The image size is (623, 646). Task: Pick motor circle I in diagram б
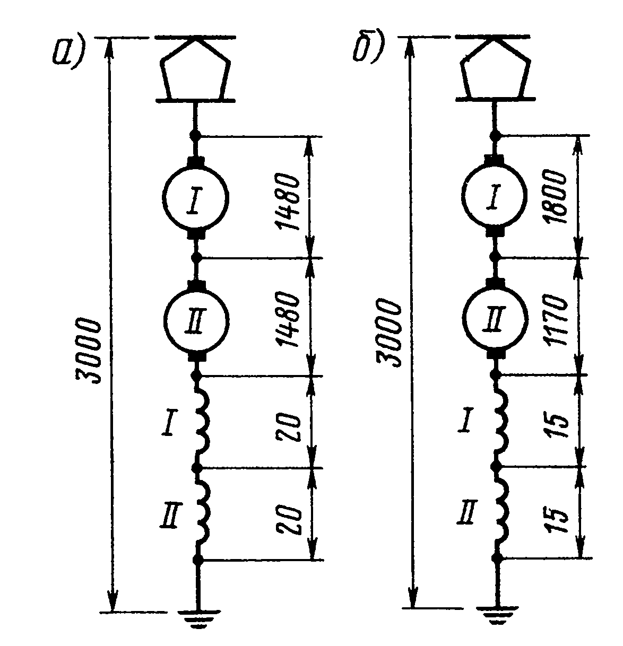coord(495,196)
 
